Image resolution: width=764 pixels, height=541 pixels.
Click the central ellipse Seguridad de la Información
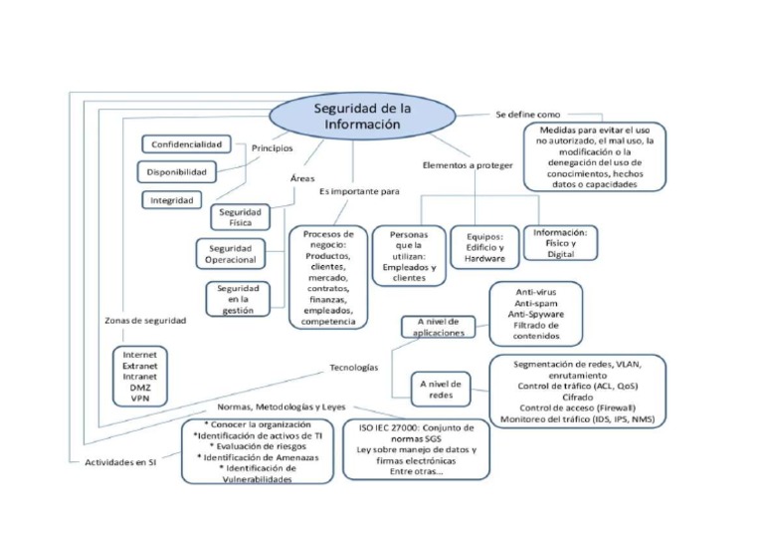(x=362, y=116)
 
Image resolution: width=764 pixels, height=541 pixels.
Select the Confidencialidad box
(x=186, y=144)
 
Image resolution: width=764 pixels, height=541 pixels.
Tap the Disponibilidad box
(x=176, y=172)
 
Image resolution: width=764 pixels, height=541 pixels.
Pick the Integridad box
(x=171, y=199)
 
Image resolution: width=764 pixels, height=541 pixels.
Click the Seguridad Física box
(x=239, y=217)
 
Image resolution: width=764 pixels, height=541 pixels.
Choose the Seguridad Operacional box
(x=230, y=253)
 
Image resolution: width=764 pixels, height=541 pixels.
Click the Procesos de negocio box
(x=327, y=277)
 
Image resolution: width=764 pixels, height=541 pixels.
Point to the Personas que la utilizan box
(x=408, y=255)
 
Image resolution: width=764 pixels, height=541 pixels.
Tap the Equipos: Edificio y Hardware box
(x=484, y=247)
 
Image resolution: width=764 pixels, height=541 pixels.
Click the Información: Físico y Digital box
(x=560, y=241)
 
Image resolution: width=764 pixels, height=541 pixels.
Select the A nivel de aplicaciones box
(x=438, y=327)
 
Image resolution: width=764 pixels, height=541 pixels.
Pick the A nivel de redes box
(x=440, y=389)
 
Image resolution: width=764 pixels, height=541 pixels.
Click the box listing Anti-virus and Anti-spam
(x=536, y=311)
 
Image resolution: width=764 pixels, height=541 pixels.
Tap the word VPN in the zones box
(x=138, y=398)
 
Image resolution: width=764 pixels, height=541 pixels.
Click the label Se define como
(x=528, y=115)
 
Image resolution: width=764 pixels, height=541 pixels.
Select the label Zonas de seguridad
(x=145, y=321)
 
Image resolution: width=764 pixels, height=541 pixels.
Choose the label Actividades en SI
(x=120, y=462)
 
